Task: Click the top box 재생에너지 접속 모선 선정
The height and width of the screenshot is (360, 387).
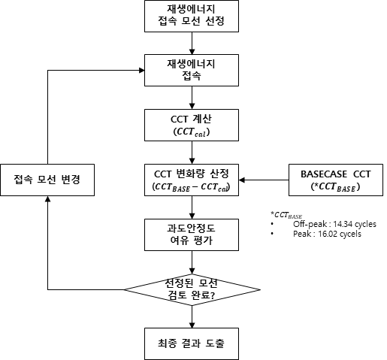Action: tap(192, 16)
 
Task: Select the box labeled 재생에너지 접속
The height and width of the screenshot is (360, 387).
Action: tap(192, 71)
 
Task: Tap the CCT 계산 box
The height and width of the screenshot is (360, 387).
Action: tap(192, 125)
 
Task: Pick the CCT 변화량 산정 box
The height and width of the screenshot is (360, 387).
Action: tap(192, 180)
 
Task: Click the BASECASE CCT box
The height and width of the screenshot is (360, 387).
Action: tap(336, 180)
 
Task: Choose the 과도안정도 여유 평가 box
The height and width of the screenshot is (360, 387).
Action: tap(192, 234)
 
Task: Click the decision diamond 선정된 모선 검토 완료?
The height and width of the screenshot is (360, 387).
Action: tap(192, 290)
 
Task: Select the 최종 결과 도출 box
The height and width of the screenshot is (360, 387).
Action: tap(192, 344)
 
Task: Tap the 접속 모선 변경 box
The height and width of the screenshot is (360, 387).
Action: tap(47, 180)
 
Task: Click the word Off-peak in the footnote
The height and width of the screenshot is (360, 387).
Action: tap(310, 224)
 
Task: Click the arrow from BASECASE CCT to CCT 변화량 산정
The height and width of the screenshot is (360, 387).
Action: tap(264, 180)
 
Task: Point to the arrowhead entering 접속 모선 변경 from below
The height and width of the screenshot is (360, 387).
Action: tap(47, 198)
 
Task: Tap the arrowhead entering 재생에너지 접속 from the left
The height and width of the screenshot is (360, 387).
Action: tap(141, 71)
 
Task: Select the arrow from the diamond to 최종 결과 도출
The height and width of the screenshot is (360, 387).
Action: tap(192, 317)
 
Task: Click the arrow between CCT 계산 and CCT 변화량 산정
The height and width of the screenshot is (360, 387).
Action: tap(192, 153)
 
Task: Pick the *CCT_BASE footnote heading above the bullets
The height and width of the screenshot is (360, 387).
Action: tap(286, 215)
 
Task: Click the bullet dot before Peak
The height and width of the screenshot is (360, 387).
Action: tap(272, 234)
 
